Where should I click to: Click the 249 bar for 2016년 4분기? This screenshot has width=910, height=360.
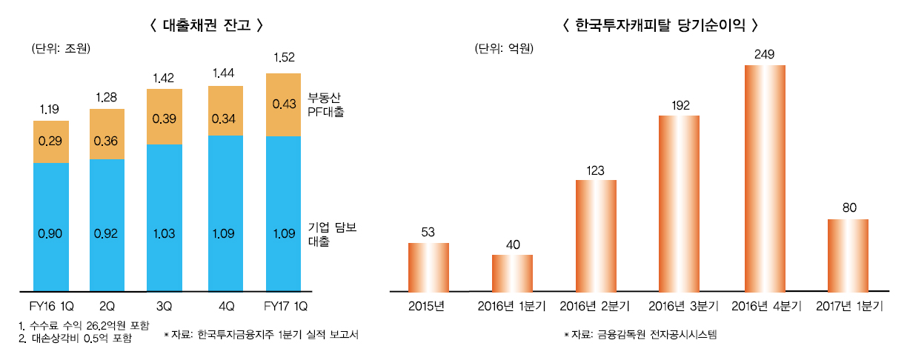point(764,178)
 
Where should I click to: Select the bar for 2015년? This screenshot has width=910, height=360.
point(428,267)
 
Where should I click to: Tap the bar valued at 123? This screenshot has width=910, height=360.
point(596,236)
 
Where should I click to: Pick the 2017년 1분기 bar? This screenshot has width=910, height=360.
point(848,255)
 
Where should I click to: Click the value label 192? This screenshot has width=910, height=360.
point(680,105)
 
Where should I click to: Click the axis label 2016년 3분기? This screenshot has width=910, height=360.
point(680,306)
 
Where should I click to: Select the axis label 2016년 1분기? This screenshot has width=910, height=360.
point(512,306)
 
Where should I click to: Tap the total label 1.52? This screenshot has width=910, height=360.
point(284,57)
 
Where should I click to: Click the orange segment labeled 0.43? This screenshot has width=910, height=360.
point(284,105)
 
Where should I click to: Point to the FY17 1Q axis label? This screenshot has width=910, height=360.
point(282,306)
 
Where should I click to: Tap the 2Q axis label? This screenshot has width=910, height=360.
point(107,306)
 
